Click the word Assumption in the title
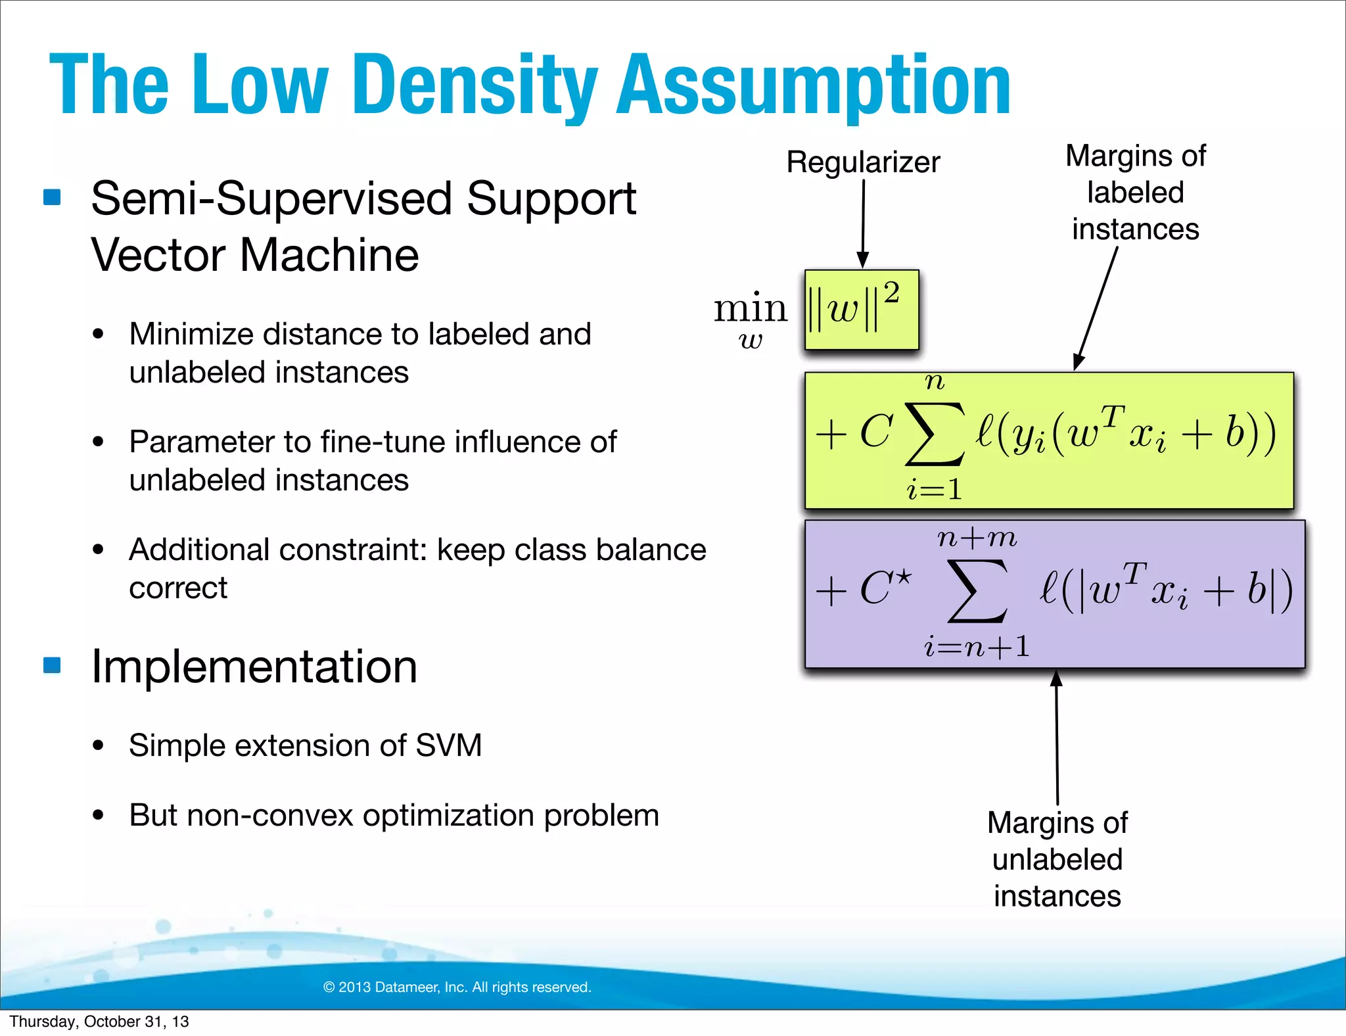pos(813,85)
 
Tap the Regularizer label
pos(863,162)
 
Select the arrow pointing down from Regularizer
pos(863,224)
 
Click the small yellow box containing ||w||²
pos(861,310)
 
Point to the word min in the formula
pos(750,308)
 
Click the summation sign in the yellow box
pos(934,434)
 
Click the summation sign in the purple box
pos(977,590)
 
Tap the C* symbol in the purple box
pos(885,587)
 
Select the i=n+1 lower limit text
pos(977,647)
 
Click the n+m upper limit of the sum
pos(977,538)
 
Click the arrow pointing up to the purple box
pos(1057,736)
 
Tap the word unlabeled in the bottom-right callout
pos(1057,860)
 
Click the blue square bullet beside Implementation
pos(52,665)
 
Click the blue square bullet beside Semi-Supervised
pos(52,197)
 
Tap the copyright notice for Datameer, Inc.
pos(457,987)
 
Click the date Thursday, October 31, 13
pos(99,1022)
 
